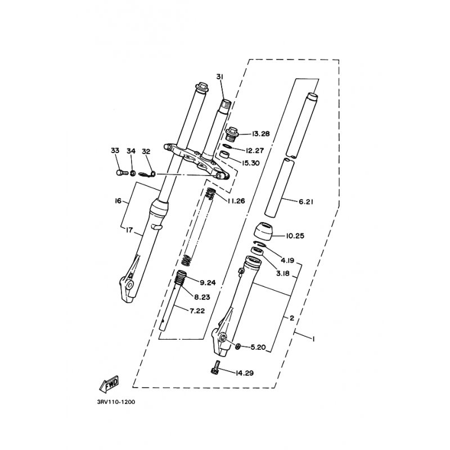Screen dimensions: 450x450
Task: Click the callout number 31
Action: click(219, 76)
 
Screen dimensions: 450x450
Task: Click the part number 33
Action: click(115, 151)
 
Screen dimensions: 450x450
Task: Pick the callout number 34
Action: click(131, 151)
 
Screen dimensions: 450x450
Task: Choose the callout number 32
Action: click(146, 151)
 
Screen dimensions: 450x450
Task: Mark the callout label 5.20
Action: click(257, 347)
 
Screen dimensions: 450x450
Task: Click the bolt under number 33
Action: click(119, 172)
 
